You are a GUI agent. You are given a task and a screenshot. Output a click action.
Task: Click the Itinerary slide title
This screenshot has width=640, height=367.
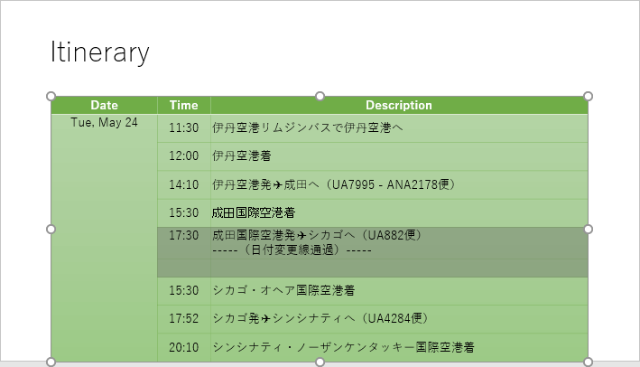[x=99, y=52]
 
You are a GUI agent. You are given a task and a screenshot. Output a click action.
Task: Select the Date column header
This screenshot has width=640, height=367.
[x=104, y=105]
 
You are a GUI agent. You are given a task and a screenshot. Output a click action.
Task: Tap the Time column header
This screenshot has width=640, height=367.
[x=183, y=105]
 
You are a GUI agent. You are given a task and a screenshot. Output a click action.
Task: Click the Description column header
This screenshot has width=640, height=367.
[x=399, y=105]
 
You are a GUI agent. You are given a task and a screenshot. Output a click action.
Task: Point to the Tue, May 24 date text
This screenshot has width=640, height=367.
[x=104, y=122]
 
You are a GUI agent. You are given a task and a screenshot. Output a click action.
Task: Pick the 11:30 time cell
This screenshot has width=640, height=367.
[x=183, y=127]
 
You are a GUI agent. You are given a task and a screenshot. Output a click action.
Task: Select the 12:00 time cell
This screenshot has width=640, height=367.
[x=183, y=155]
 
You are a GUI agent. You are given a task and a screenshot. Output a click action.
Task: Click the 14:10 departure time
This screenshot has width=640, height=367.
[x=183, y=184]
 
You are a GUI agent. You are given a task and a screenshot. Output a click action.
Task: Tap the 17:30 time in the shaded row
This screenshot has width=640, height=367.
[x=183, y=235]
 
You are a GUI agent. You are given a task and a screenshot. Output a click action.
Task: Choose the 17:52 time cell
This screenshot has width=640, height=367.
[x=183, y=318]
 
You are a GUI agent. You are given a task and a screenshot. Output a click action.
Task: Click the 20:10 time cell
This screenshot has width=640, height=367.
[x=183, y=347]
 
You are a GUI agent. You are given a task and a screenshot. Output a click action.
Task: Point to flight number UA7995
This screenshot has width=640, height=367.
[x=354, y=184]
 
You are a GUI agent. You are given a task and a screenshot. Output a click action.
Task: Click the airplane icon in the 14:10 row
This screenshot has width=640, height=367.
[x=278, y=184]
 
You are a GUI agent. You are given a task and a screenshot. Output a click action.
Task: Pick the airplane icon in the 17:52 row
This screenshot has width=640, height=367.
[x=265, y=318]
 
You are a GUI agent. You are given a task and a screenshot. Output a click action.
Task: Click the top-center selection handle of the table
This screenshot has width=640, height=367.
[x=320, y=96]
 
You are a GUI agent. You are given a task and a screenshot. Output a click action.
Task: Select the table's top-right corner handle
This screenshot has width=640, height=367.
[x=589, y=96]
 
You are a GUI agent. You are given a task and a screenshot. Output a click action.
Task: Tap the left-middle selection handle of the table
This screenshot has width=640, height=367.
[x=51, y=230]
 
